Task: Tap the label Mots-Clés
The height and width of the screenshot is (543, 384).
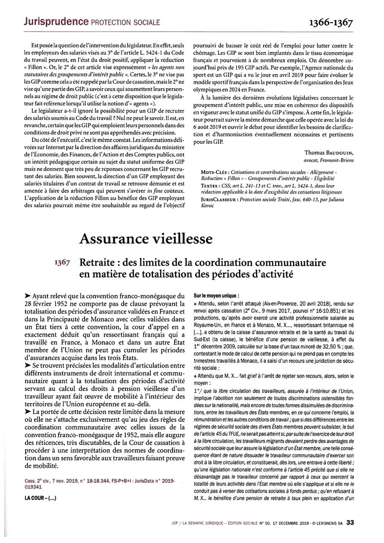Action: pos(214,173)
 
